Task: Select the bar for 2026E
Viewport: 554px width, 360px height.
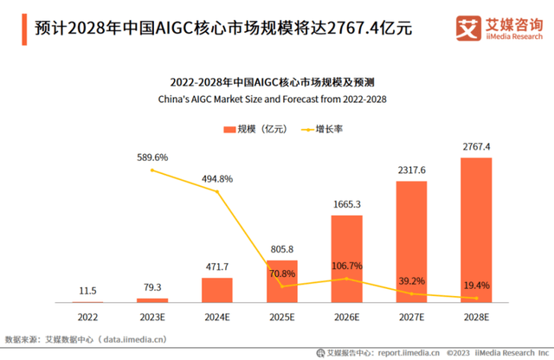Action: [x=347, y=258]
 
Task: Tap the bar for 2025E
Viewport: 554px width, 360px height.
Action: [x=282, y=280]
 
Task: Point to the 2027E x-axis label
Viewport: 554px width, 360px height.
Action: [x=412, y=317]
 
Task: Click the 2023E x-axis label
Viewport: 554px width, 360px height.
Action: [x=152, y=317]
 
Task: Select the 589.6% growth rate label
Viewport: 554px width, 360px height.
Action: [x=152, y=157]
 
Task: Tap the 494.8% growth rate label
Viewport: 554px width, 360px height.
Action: [x=216, y=178]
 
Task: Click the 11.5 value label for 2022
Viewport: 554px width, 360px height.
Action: [x=87, y=291]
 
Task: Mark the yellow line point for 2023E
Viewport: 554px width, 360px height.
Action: [x=152, y=170]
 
